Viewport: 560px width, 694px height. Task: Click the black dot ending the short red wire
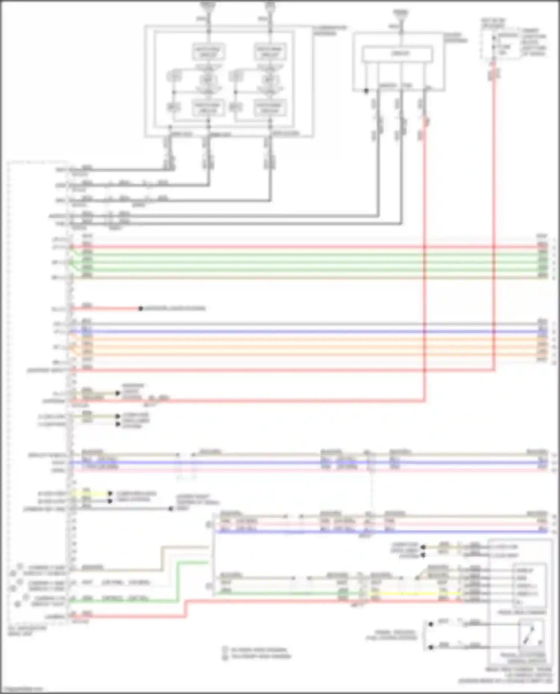pyautogui.click(x=141, y=308)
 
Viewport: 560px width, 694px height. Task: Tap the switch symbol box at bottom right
pyautogui.click(x=531, y=634)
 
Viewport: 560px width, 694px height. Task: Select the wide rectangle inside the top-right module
pyautogui.click(x=398, y=54)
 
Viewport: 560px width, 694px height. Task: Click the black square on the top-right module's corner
pyautogui.click(x=366, y=91)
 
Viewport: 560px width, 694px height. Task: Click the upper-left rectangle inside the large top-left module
pyautogui.click(x=208, y=51)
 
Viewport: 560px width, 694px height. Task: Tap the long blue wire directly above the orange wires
pyautogui.click(x=299, y=332)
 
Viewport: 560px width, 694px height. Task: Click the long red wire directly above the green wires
pyautogui.click(x=299, y=247)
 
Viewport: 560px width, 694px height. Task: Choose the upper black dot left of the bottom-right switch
pyautogui.click(x=430, y=624)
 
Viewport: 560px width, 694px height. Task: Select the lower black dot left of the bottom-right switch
pyautogui.click(x=430, y=647)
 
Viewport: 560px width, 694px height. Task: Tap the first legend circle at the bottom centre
pyautogui.click(x=225, y=649)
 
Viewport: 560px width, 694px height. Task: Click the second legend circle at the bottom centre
pyautogui.click(x=225, y=657)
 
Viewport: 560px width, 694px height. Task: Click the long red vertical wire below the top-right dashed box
pyautogui.click(x=494, y=224)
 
